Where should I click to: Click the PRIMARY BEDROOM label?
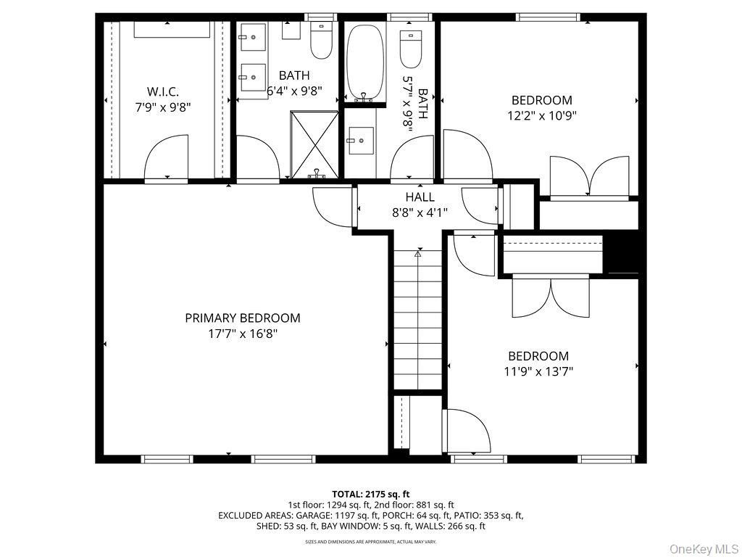[x=242, y=318]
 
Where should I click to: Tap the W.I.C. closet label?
[x=162, y=92]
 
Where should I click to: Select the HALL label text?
[x=420, y=197]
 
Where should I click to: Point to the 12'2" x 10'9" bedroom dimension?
[x=541, y=115]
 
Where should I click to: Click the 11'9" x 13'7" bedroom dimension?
[x=538, y=371]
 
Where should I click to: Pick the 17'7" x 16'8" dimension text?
[x=242, y=334]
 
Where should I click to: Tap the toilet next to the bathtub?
[x=411, y=49]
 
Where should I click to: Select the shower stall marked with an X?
[x=314, y=144]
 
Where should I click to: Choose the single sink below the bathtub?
[x=360, y=139]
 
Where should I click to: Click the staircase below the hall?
[x=418, y=319]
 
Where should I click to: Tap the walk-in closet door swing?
[x=167, y=157]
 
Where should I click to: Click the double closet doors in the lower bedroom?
[x=551, y=297]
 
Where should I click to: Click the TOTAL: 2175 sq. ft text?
[x=370, y=493]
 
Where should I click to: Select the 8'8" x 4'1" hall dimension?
[x=420, y=213]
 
